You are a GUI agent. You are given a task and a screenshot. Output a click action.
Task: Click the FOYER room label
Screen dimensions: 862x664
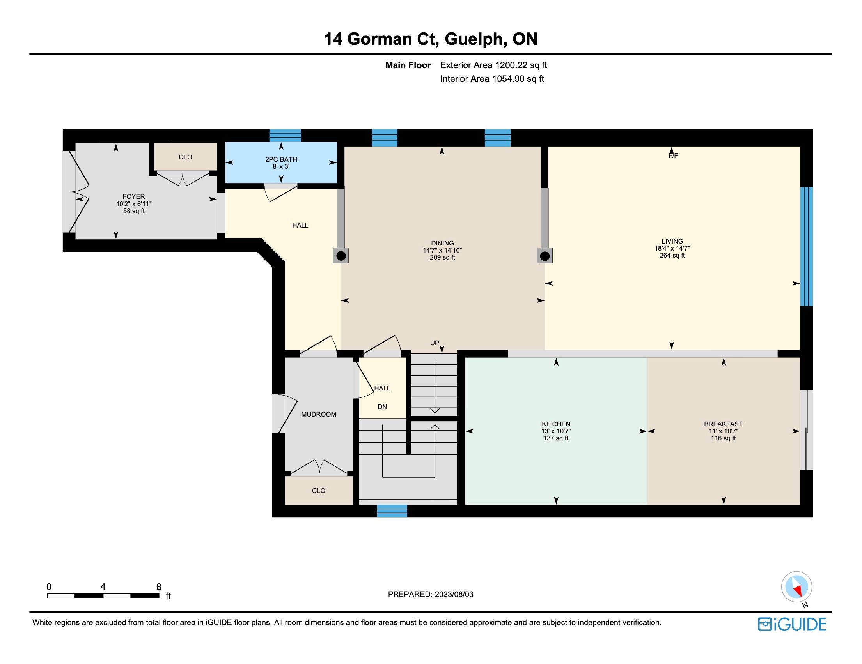click(x=134, y=196)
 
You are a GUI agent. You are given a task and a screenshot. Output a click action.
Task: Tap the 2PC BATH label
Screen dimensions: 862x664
click(x=281, y=159)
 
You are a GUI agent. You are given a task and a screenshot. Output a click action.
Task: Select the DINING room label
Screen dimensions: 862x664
click(x=442, y=243)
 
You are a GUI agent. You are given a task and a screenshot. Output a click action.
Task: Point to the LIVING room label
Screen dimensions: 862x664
click(x=672, y=241)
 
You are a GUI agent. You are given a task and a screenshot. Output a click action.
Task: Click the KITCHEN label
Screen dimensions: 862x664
click(x=556, y=424)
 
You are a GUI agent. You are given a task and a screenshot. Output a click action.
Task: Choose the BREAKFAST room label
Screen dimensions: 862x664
click(x=724, y=424)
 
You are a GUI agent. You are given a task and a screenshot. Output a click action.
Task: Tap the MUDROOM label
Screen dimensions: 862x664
click(x=319, y=414)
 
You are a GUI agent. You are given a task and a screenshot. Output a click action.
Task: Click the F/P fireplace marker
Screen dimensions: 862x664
click(x=673, y=156)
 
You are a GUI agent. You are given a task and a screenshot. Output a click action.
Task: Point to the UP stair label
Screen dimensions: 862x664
click(x=435, y=343)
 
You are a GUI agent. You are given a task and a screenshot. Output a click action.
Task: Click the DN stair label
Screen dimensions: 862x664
click(x=382, y=407)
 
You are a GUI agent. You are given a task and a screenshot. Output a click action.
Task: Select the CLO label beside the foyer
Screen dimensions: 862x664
click(x=185, y=157)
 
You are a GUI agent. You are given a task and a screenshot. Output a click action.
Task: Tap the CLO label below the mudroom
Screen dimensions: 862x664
click(x=319, y=491)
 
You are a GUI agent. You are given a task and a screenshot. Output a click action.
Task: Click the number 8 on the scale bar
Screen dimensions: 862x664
click(x=159, y=587)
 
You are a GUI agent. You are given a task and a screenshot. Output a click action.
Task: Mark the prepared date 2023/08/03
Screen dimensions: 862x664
click(x=454, y=595)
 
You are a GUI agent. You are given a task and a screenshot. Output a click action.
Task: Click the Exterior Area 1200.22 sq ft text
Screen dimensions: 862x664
click(x=493, y=65)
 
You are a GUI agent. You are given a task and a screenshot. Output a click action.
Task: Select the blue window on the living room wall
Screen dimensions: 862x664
click(x=806, y=246)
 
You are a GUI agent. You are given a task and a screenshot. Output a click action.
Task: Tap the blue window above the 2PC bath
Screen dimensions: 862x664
click(x=285, y=135)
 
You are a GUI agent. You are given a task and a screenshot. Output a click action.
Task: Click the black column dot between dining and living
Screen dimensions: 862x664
click(x=545, y=257)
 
